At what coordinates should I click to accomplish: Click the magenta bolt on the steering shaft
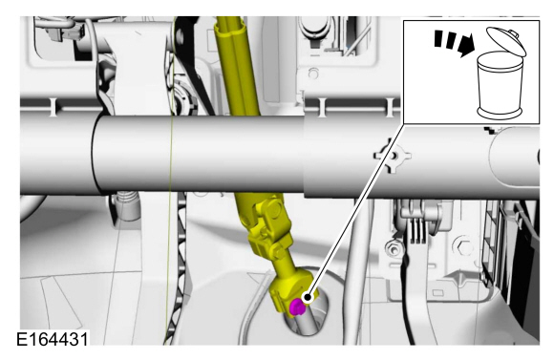point(297,307)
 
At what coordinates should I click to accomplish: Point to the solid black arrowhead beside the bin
point(466,46)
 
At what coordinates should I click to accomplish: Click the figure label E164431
point(53,340)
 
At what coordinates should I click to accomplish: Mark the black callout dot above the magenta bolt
point(308,298)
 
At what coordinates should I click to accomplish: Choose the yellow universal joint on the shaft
point(268,226)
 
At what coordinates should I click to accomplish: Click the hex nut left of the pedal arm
point(394,249)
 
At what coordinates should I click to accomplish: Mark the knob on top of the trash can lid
point(514,33)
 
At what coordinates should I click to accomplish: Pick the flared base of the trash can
point(500,113)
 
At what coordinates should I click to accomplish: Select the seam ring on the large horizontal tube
point(94,156)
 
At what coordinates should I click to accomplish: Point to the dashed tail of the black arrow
point(445,39)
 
